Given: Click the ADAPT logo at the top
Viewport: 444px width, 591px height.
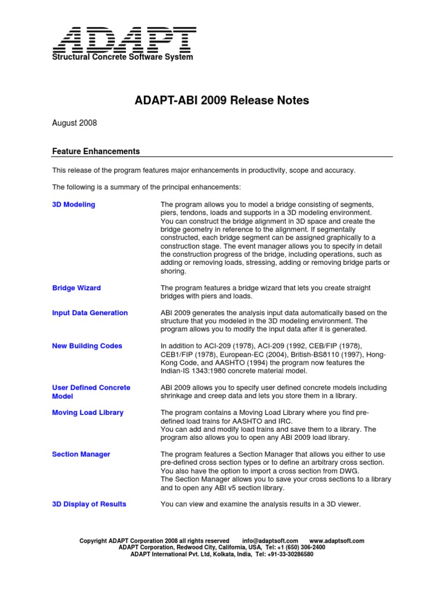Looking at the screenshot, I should tap(125, 40).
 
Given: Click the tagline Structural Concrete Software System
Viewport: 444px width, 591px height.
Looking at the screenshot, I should tap(123, 57).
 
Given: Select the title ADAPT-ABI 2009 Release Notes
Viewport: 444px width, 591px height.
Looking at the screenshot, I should tap(222, 100).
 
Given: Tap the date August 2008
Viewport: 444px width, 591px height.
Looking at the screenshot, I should tap(75, 123).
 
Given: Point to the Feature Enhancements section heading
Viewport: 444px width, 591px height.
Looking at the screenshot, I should tap(96, 151).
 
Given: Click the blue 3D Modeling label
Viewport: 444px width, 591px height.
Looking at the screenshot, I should tap(74, 205).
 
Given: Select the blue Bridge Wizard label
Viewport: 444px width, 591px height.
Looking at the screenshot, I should tap(76, 288).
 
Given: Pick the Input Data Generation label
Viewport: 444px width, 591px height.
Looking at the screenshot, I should tap(90, 313).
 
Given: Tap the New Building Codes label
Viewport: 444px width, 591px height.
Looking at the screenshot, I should tap(87, 346).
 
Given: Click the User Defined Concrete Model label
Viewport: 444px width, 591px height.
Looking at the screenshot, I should tap(91, 392).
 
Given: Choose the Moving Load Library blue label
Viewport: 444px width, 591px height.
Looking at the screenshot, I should tap(88, 413).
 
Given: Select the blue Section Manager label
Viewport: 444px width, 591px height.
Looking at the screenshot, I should tap(81, 454).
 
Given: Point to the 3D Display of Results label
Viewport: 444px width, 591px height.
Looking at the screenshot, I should tap(89, 504).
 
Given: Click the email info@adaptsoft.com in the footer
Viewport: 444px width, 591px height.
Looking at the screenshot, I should tap(270, 541).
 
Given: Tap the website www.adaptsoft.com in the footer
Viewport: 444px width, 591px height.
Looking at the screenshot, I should tap(337, 541).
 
